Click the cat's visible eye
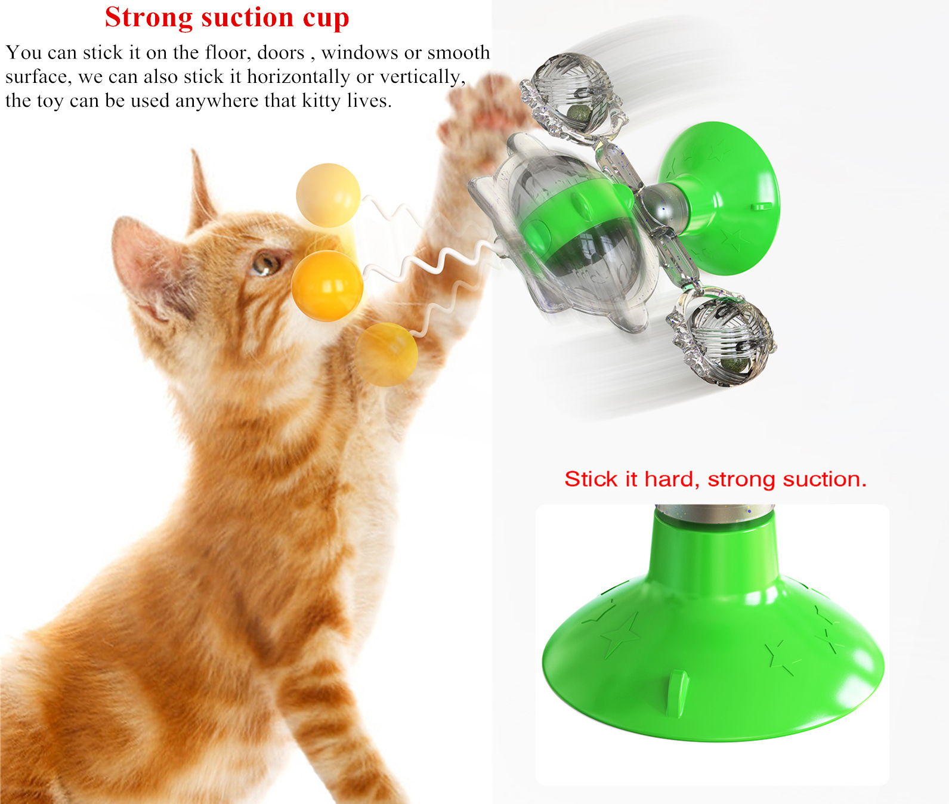pos(266,262)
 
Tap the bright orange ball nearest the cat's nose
pos(327,286)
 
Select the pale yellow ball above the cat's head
pos(328,195)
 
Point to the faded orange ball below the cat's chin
pos(386,354)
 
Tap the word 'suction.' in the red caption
pos(824,479)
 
